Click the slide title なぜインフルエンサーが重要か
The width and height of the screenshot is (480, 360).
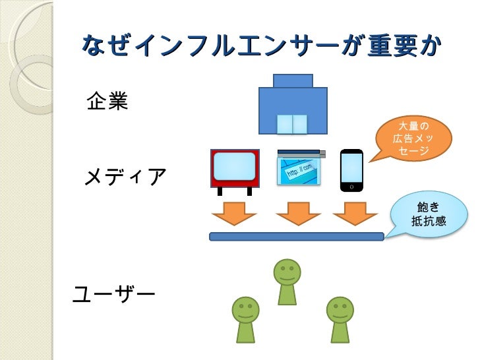[260, 45]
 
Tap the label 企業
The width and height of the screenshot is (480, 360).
[107, 102]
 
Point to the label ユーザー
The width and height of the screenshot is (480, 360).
[113, 292]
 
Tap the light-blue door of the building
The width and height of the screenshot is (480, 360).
[292, 124]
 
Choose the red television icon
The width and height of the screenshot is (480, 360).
[234, 167]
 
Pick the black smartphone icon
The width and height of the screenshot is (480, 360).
[351, 170]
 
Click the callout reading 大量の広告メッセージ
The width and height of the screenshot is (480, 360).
[413, 138]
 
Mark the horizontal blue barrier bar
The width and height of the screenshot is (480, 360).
[296, 237]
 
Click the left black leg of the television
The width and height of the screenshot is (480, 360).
[220, 191]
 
